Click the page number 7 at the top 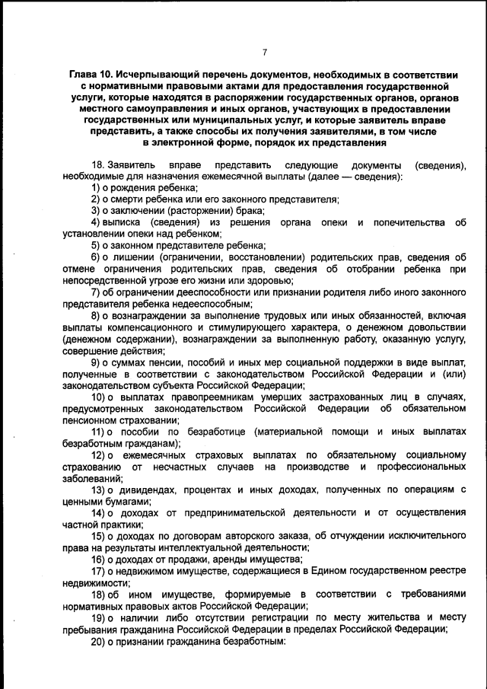tap(265, 52)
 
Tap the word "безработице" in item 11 tap(195, 432)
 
